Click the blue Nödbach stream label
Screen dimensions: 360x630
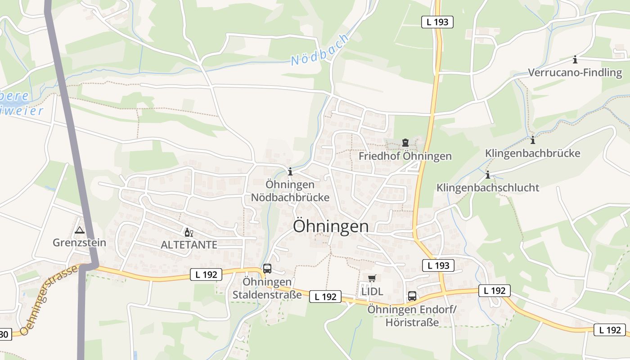pyautogui.click(x=319, y=50)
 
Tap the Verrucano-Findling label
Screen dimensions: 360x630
pyautogui.click(x=575, y=72)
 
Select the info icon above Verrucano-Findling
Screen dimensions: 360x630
pyautogui.click(x=575, y=59)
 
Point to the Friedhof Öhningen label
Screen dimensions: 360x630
pyautogui.click(x=405, y=156)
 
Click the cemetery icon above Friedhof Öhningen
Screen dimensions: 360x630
pyautogui.click(x=405, y=143)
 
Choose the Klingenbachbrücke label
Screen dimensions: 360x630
pyautogui.click(x=532, y=153)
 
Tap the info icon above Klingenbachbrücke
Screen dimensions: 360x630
pyautogui.click(x=533, y=140)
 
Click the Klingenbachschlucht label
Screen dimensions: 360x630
pyautogui.click(x=488, y=188)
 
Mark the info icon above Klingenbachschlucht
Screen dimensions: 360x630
pyautogui.click(x=488, y=175)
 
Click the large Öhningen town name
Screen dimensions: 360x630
pyautogui.click(x=331, y=226)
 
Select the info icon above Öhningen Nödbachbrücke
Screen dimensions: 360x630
pyautogui.click(x=290, y=171)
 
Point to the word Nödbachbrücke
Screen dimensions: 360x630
pyautogui.click(x=290, y=198)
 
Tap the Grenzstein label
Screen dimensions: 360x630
pyautogui.click(x=80, y=243)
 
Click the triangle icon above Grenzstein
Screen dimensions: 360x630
pyautogui.click(x=80, y=230)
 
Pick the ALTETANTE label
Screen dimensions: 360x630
pyautogui.click(x=189, y=245)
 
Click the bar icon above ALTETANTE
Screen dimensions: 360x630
pyautogui.click(x=189, y=233)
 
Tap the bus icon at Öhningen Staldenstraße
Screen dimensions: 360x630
pyautogui.click(x=267, y=269)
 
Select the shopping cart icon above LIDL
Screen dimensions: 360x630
pyautogui.click(x=372, y=278)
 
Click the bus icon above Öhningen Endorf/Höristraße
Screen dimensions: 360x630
pyautogui.click(x=412, y=296)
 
